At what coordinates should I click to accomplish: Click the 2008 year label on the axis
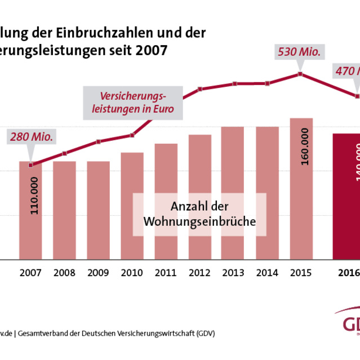pyautogui.click(x=64, y=273)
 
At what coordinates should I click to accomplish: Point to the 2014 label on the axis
pyautogui.click(x=267, y=273)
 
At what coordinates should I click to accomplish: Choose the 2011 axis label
pyautogui.click(x=166, y=273)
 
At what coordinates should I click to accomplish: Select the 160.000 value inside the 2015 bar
pyautogui.click(x=305, y=147)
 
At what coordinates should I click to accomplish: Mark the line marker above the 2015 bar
pyautogui.click(x=301, y=74)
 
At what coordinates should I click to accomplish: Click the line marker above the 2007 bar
pyautogui.click(x=30, y=165)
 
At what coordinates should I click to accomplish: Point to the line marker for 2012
pyautogui.click(x=199, y=88)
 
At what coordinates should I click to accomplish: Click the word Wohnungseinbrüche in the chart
pyautogui.click(x=199, y=221)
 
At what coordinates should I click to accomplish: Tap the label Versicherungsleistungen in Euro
pyautogui.click(x=133, y=102)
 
